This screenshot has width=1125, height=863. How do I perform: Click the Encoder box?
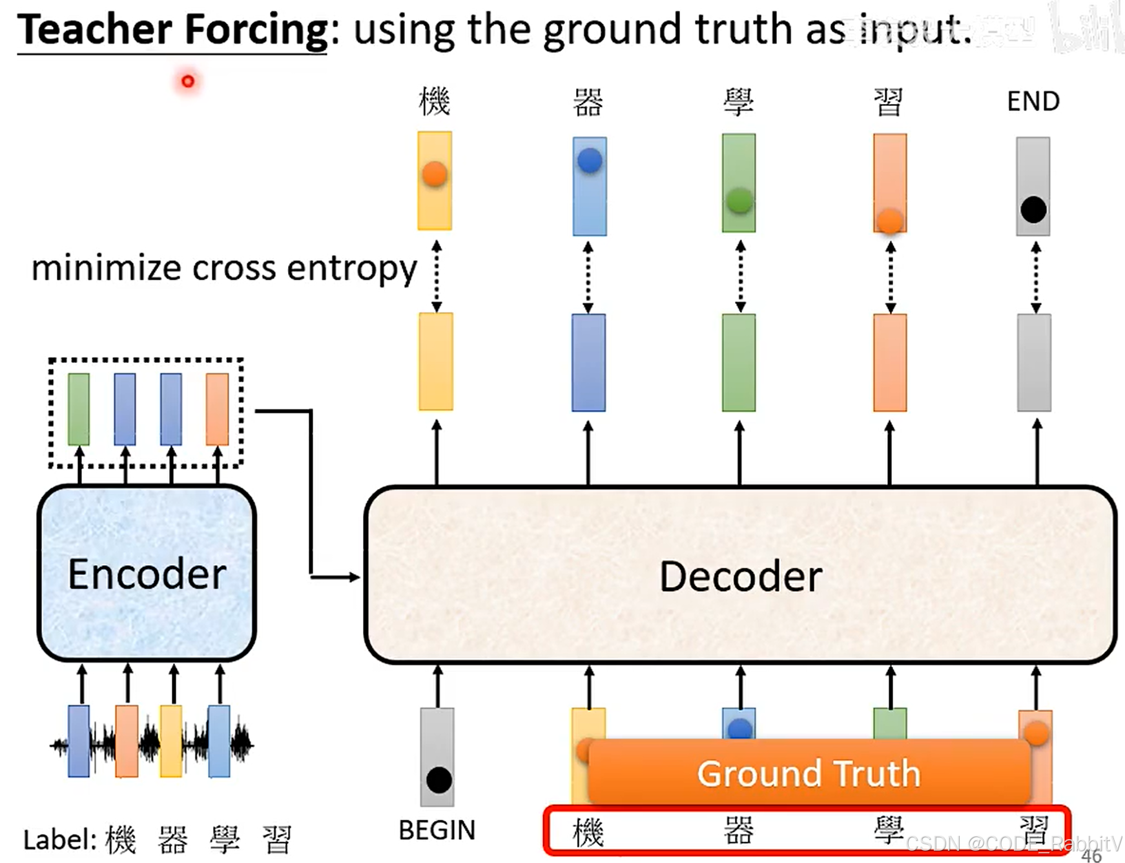(x=147, y=574)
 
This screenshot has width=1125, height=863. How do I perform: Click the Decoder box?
(x=740, y=575)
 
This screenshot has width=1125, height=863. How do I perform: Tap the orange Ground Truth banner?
(x=809, y=773)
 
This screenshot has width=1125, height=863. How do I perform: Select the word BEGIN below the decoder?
(x=437, y=830)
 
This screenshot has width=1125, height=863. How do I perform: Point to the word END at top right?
(x=1033, y=101)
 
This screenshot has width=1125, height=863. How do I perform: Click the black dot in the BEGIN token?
(x=439, y=780)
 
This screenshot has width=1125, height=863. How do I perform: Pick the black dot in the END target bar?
(x=1033, y=210)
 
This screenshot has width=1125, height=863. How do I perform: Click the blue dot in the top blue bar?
(x=590, y=160)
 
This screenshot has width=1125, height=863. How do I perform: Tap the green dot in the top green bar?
(x=739, y=201)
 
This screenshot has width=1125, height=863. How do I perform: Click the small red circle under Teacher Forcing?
(x=188, y=81)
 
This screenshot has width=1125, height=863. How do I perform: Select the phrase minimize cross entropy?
(x=224, y=268)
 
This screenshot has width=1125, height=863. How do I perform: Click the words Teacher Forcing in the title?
(x=172, y=30)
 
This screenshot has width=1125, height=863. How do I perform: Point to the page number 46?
(x=1091, y=855)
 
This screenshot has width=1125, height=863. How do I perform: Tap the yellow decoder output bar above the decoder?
(x=436, y=362)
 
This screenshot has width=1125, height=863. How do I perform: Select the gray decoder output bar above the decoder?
(x=1034, y=362)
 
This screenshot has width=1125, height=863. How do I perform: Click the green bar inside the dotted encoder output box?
(x=79, y=409)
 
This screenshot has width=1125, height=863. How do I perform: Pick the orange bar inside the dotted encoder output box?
(x=217, y=409)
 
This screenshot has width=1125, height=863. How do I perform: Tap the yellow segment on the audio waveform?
(x=171, y=741)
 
